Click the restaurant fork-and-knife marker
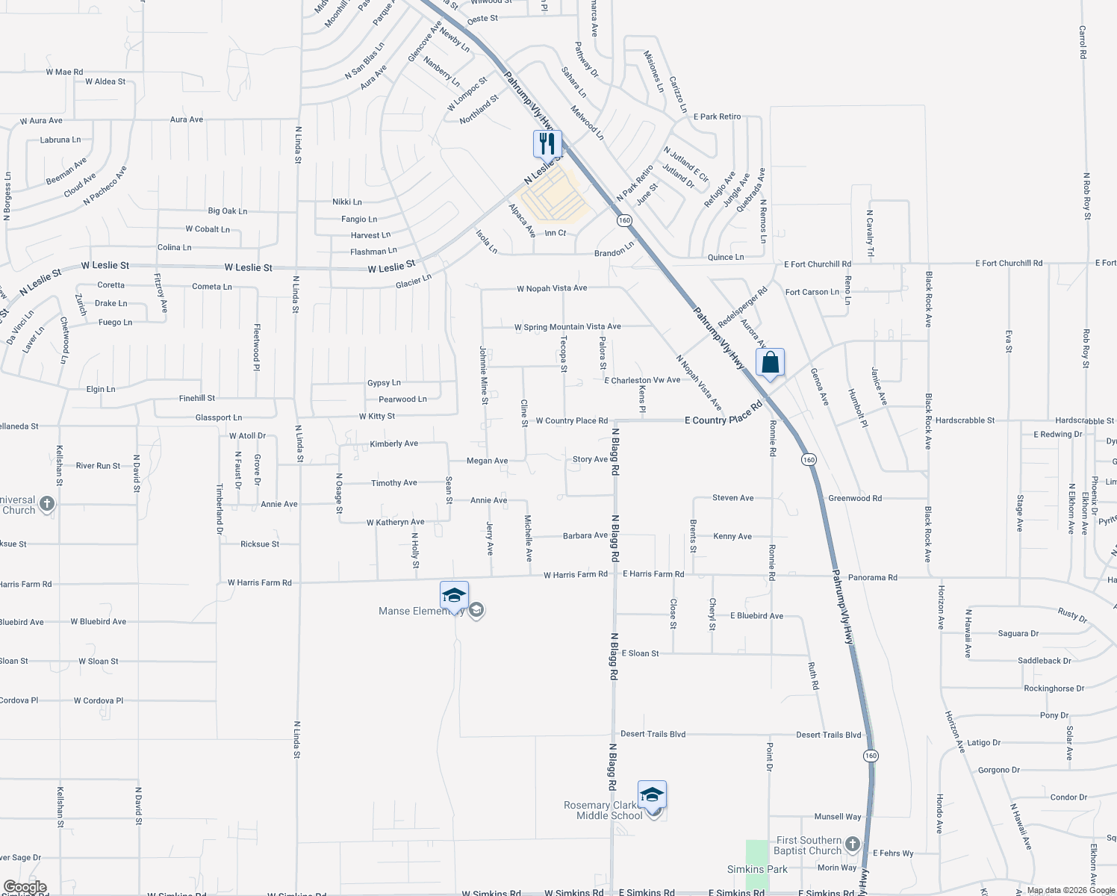(547, 143)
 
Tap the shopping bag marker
(770, 363)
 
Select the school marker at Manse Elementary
(454, 596)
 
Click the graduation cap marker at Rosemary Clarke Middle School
(652, 795)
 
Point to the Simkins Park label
(757, 869)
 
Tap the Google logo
(25, 887)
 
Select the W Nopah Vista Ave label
(552, 288)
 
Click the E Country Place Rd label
(723, 420)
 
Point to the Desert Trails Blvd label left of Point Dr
(653, 734)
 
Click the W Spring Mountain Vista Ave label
(567, 327)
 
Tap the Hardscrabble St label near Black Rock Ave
(965, 420)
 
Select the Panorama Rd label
(872, 577)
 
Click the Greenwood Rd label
(855, 498)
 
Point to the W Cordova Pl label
(99, 700)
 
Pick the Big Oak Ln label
(227, 211)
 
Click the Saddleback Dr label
(1044, 661)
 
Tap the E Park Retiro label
(717, 116)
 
